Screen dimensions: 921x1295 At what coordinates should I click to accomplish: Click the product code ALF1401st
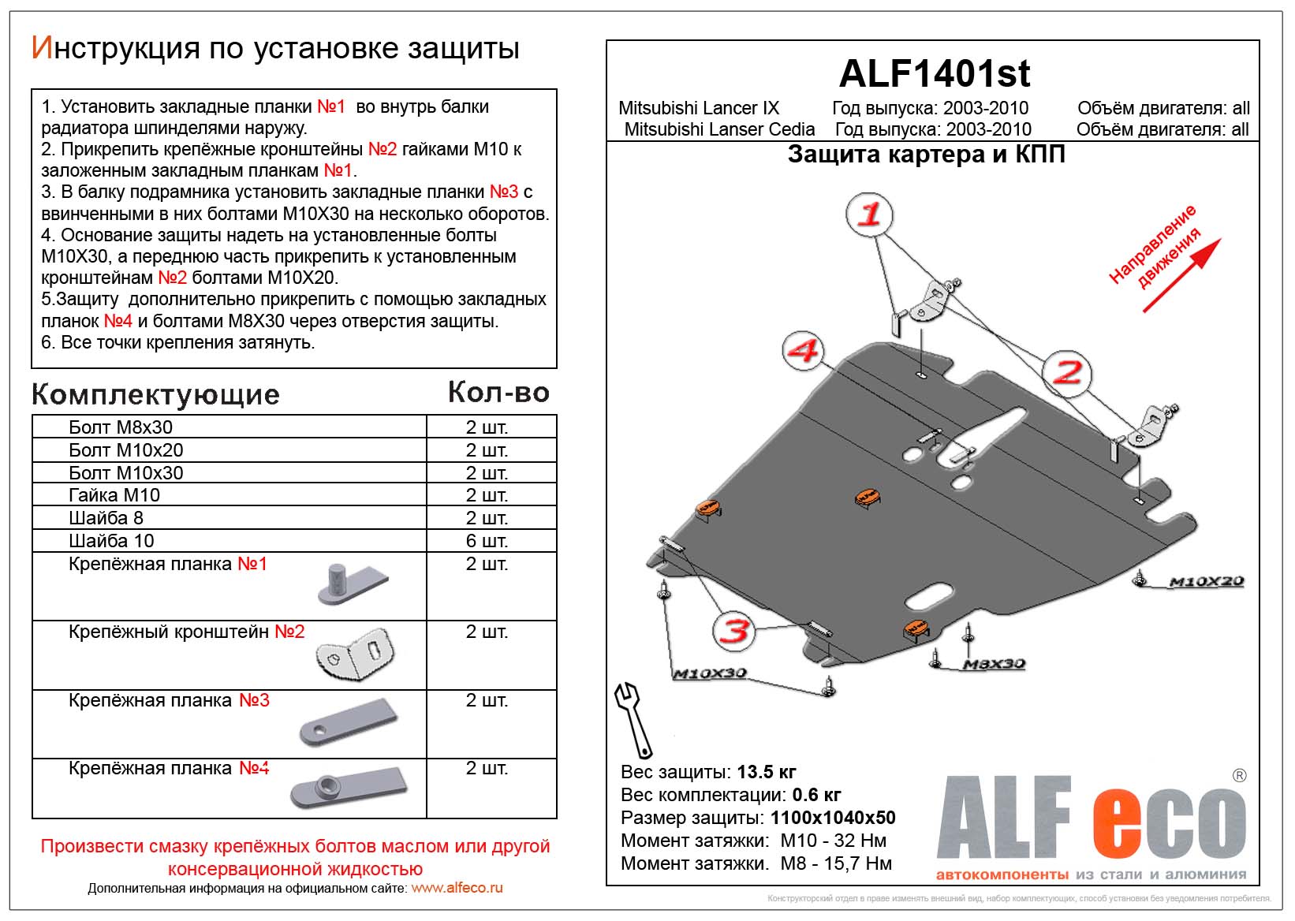(934, 74)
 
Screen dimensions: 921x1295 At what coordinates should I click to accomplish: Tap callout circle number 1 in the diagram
(869, 214)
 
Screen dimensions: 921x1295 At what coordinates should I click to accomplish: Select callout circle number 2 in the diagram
(1067, 372)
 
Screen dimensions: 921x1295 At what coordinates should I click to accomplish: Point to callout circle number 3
(735, 631)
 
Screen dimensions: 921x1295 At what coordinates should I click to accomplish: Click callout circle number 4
(804, 351)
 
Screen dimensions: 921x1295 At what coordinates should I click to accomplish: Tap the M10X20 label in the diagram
(1206, 582)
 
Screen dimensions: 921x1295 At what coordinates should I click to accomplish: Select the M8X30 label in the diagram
(994, 665)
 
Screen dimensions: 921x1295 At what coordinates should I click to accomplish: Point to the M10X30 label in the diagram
(709, 674)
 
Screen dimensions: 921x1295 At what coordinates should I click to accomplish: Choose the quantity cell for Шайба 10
(487, 541)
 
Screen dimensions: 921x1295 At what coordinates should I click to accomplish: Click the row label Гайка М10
(114, 495)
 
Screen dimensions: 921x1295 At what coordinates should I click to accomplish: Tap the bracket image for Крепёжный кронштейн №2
(354, 654)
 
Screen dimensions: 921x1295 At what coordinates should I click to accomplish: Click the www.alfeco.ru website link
(457, 888)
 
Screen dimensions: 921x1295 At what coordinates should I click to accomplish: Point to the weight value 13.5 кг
(767, 772)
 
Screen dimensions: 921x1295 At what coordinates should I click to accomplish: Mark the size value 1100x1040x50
(833, 818)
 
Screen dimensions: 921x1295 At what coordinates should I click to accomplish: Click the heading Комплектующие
(155, 394)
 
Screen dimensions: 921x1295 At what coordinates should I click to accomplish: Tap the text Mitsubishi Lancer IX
(698, 108)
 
